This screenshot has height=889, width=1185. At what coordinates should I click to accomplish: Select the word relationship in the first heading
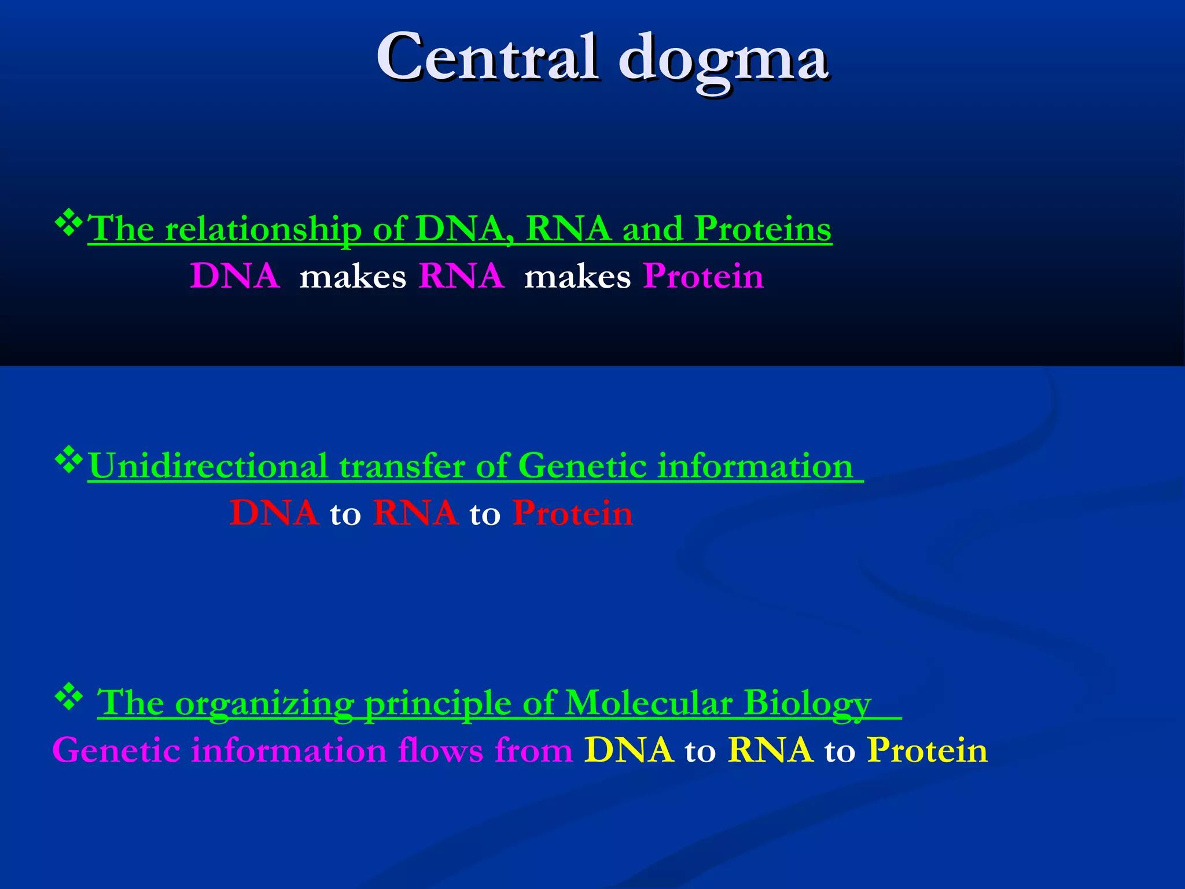[263, 229]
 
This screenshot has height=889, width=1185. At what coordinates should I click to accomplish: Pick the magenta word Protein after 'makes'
[703, 276]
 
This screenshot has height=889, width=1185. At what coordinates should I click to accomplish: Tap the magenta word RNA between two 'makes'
[461, 276]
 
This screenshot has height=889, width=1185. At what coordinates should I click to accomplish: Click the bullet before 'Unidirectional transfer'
[69, 460]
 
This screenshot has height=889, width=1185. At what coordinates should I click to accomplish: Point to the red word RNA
[415, 513]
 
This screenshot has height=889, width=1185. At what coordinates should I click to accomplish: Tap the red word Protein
[573, 513]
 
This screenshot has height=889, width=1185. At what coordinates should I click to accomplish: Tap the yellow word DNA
[629, 751]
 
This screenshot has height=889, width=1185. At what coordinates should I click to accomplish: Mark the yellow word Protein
[928, 751]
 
